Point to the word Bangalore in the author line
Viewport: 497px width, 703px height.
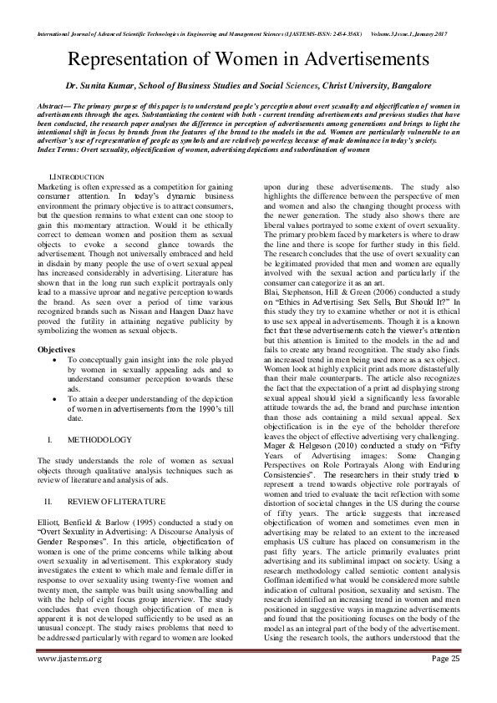click(403, 85)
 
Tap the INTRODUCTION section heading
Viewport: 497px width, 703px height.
click(79, 177)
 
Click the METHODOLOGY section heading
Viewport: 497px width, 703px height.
click(99, 439)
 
